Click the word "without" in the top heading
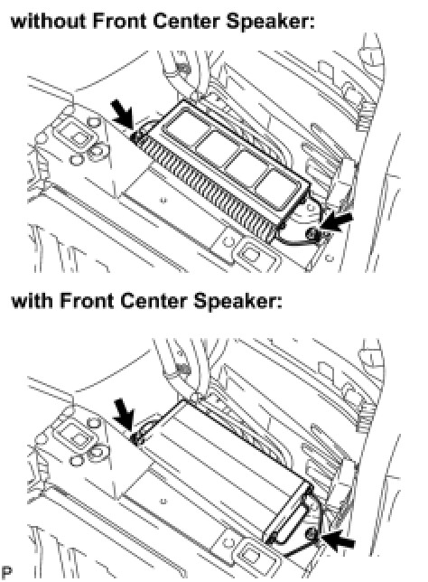coord(48,21)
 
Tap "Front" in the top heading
coord(118,21)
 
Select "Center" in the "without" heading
coord(186,21)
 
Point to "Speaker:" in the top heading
coord(271,22)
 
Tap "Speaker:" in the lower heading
coord(238,301)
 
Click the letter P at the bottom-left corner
coord(6,572)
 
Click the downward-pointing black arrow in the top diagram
coord(123,114)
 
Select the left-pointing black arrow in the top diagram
coord(337,222)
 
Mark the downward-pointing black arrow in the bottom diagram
coord(125,414)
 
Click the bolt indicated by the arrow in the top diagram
coord(311,233)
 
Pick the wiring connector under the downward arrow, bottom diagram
coord(137,438)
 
